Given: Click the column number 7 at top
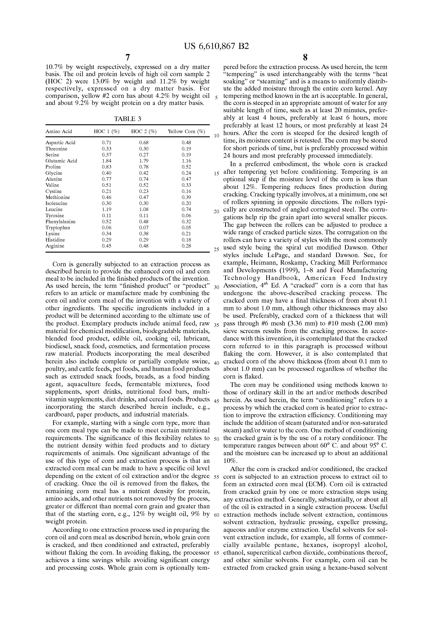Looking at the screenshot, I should point(128,57).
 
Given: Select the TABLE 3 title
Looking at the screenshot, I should point(128,119).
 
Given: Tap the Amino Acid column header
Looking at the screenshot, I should point(59,131).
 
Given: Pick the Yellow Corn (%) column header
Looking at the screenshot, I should point(186,131).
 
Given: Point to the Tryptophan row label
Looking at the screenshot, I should point(58,228).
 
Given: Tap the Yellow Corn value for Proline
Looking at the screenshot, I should point(186,167).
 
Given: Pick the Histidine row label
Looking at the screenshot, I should point(55,240).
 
